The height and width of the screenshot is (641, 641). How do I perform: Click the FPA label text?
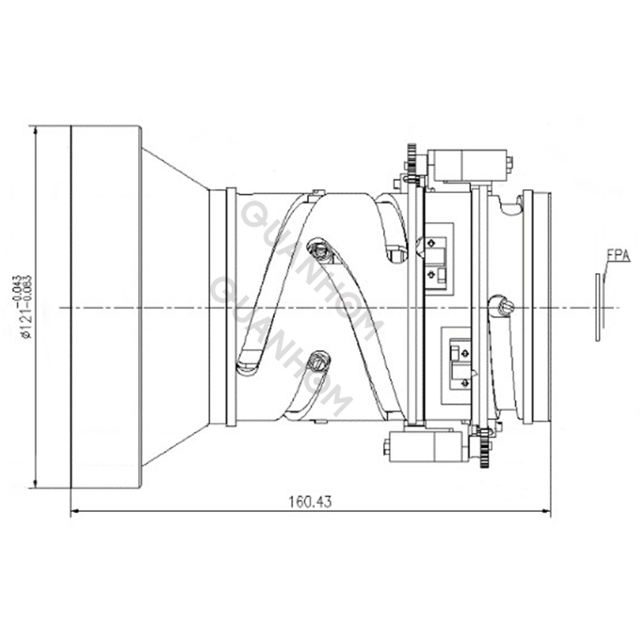tap(618, 256)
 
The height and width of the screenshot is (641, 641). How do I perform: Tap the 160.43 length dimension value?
tap(309, 502)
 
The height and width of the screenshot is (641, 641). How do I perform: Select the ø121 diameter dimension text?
tap(26, 305)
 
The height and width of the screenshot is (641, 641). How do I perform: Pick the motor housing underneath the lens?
tap(425, 445)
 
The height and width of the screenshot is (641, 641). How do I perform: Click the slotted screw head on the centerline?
tap(503, 305)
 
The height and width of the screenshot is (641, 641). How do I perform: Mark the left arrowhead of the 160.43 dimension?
tap(75, 511)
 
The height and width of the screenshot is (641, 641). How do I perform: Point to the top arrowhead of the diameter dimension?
tap(35, 130)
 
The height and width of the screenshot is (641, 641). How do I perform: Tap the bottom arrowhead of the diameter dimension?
tap(35, 483)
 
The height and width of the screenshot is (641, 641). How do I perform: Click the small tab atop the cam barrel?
tap(318, 192)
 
